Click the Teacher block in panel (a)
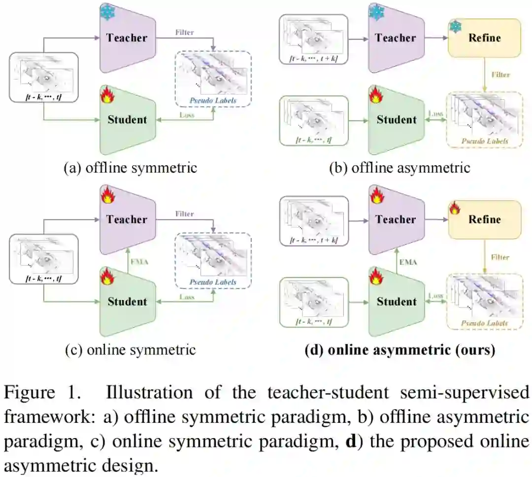tap(127, 37)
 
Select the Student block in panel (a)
tap(127, 119)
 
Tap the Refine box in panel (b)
tap(484, 38)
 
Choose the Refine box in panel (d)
tap(484, 220)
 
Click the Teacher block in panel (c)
tap(127, 219)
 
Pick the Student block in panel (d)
tap(396, 301)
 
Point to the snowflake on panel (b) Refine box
tap(456, 25)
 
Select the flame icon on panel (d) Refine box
tap(455, 207)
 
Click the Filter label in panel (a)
tap(184, 32)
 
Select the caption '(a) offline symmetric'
tap(131, 168)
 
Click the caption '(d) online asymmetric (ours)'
tap(399, 350)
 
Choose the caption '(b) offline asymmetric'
tap(399, 168)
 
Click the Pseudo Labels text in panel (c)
tap(213, 282)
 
